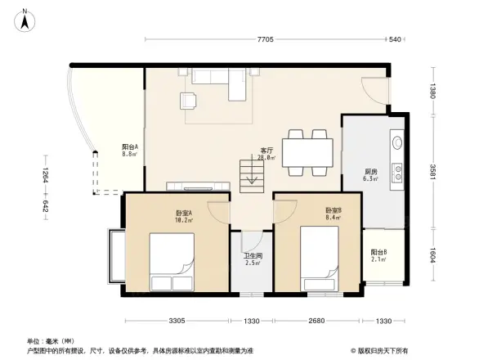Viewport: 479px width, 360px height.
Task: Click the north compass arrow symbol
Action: tap(25, 20)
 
